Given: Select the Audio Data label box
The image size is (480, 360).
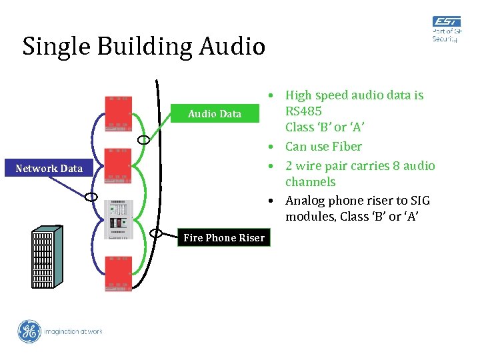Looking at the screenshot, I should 215,114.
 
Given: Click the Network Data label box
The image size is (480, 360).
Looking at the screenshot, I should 49,169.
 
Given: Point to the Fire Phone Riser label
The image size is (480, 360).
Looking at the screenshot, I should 224,238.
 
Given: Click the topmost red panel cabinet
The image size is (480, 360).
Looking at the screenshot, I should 118,114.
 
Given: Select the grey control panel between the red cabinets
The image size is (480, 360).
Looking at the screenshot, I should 118,219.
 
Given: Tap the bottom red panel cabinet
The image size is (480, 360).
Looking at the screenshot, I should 118,273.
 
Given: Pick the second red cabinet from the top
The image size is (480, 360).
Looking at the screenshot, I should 118,166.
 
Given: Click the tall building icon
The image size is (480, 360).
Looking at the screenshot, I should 47,257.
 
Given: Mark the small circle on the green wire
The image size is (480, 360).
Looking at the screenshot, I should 143,140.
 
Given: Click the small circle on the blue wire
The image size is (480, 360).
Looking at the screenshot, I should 92,197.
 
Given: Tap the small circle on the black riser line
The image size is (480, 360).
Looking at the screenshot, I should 157,233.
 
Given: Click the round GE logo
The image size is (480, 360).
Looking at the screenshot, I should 29,331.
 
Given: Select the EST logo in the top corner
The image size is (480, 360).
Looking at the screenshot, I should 445,29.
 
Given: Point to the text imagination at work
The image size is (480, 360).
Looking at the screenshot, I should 73,331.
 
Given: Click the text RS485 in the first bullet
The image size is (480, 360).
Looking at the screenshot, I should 303,111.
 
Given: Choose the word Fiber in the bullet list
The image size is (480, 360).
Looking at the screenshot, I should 347,147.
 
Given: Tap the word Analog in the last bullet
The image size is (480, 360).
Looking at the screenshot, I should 307,201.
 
